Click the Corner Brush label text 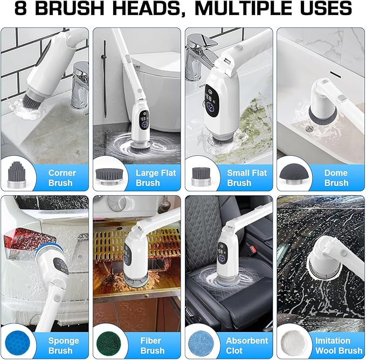[62, 178]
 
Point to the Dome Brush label [336, 178]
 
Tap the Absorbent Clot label [247, 345]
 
